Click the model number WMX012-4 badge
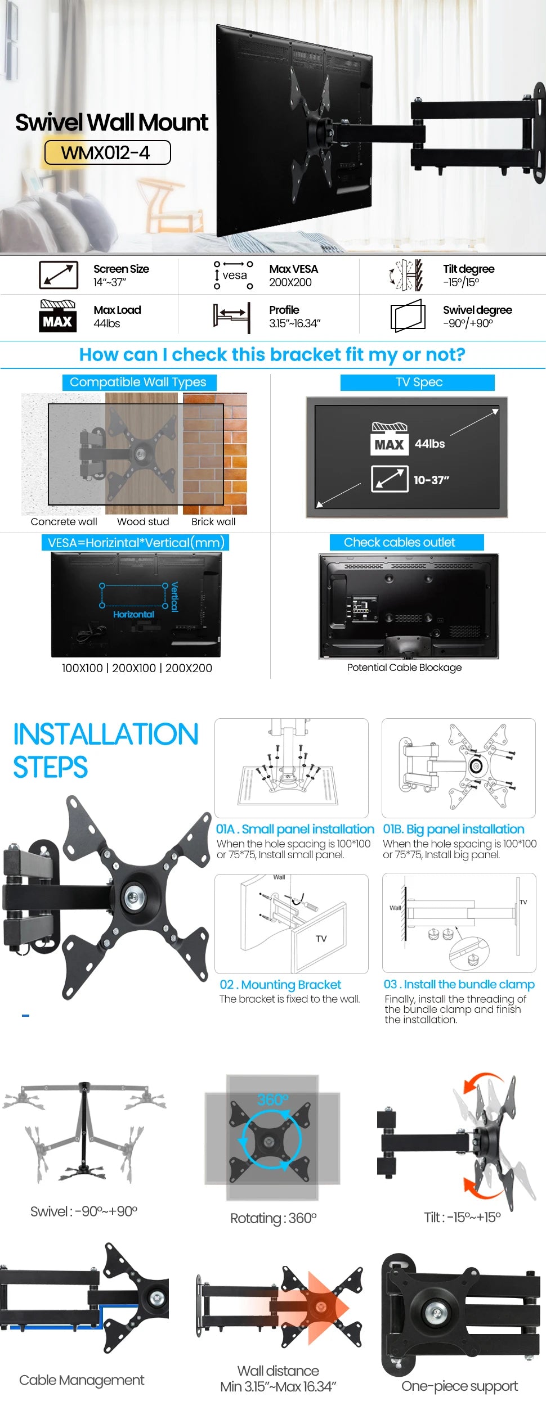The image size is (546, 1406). click(x=107, y=152)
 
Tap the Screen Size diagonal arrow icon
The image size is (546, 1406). click(x=59, y=275)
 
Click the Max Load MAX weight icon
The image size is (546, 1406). click(x=57, y=316)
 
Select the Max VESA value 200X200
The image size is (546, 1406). click(x=290, y=282)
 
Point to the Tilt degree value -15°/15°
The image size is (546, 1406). click(x=460, y=282)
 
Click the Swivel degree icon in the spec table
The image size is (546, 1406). click(x=408, y=316)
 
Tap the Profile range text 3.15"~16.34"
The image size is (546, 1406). click(x=294, y=323)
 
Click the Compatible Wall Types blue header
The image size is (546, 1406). click(x=138, y=382)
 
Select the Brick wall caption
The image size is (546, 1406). click(x=213, y=522)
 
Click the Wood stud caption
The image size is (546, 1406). click(x=143, y=522)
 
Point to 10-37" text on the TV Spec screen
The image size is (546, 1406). click(x=431, y=480)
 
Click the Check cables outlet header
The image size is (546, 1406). click(x=400, y=543)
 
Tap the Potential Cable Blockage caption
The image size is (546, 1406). click(x=404, y=668)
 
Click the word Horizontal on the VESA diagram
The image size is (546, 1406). click(x=133, y=615)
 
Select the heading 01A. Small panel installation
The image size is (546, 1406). click(x=295, y=829)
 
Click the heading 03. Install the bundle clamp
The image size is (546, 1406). click(x=459, y=984)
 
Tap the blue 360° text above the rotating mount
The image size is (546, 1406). click(x=272, y=1099)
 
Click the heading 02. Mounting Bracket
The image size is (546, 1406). click(x=280, y=985)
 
